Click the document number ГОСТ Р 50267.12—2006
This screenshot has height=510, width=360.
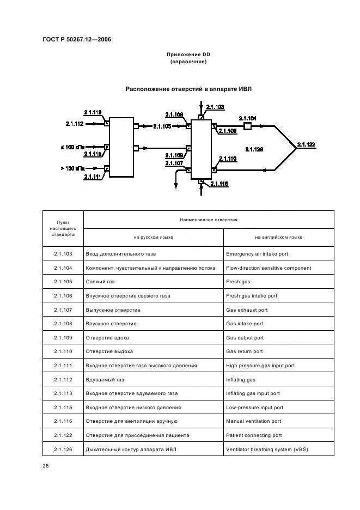[77, 39]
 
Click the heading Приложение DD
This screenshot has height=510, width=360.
[188, 54]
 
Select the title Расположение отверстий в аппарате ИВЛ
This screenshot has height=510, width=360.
[188, 89]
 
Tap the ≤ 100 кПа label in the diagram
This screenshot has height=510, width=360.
[72, 147]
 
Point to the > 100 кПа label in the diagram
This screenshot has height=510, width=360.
[72, 168]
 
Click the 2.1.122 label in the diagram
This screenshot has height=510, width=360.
[306, 144]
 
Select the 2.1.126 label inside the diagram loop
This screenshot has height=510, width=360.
[254, 149]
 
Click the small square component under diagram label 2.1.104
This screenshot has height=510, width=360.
[247, 126]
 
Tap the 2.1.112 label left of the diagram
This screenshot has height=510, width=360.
[75, 124]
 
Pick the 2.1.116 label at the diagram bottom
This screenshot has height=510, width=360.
[219, 184]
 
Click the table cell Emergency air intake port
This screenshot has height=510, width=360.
[257, 254]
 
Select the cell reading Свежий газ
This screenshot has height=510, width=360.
[100, 282]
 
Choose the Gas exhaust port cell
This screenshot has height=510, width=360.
[247, 310]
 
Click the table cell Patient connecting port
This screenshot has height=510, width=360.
[254, 435]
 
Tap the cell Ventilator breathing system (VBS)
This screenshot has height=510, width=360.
[267, 450]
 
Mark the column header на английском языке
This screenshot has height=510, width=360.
[279, 238]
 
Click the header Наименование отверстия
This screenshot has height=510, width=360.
[209, 220]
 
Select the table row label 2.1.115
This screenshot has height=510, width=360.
[63, 407]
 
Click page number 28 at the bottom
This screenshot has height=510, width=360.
[46, 466]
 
